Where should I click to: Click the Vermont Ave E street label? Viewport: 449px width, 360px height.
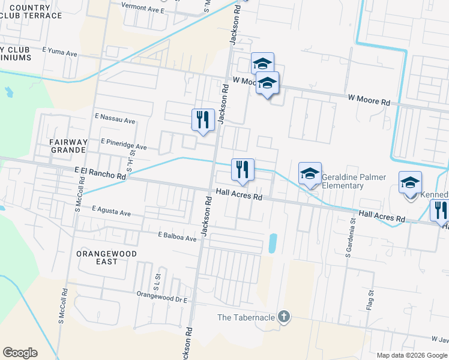tap(142, 10)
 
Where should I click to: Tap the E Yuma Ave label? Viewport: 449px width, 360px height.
tap(60, 53)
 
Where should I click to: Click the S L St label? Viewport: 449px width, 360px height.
tap(157, 280)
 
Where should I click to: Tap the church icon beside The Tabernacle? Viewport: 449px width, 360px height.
tap(284, 317)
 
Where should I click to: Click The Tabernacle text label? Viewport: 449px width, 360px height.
tap(246, 317)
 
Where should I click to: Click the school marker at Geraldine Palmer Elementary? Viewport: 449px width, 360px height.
tap(310, 174)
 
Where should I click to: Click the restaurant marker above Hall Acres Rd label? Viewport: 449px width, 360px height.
tap(243, 170)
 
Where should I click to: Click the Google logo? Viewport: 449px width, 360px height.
tap(20, 353)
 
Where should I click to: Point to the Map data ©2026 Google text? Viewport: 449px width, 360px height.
tap(412, 355)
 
